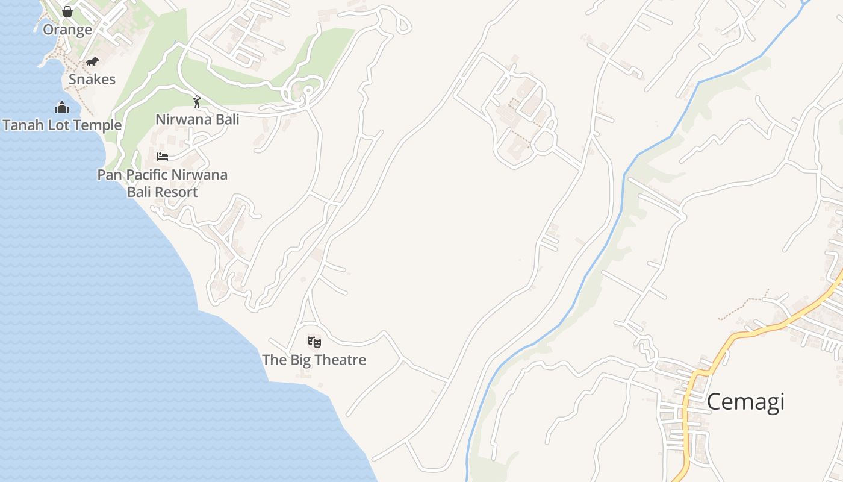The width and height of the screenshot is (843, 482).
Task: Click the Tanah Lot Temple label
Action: [x=62, y=125]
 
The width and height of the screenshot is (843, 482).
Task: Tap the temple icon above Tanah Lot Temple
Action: [x=62, y=108]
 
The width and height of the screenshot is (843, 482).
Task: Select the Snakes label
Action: [x=92, y=79]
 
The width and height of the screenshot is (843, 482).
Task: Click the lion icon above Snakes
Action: [x=92, y=61]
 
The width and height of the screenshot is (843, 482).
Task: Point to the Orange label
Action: [x=67, y=30]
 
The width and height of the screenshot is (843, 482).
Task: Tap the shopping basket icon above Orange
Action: [x=67, y=11]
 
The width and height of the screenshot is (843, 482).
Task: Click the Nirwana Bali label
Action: [x=197, y=119]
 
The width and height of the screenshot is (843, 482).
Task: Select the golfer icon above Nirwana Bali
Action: [x=197, y=102]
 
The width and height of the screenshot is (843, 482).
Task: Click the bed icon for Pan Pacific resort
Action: [x=163, y=157]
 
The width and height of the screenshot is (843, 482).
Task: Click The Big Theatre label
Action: [x=314, y=360]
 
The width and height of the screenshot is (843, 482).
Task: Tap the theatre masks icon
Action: [x=314, y=342]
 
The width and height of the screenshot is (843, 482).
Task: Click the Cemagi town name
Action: [x=745, y=401]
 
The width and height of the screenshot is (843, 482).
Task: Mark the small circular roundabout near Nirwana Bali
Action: [x=308, y=90]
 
